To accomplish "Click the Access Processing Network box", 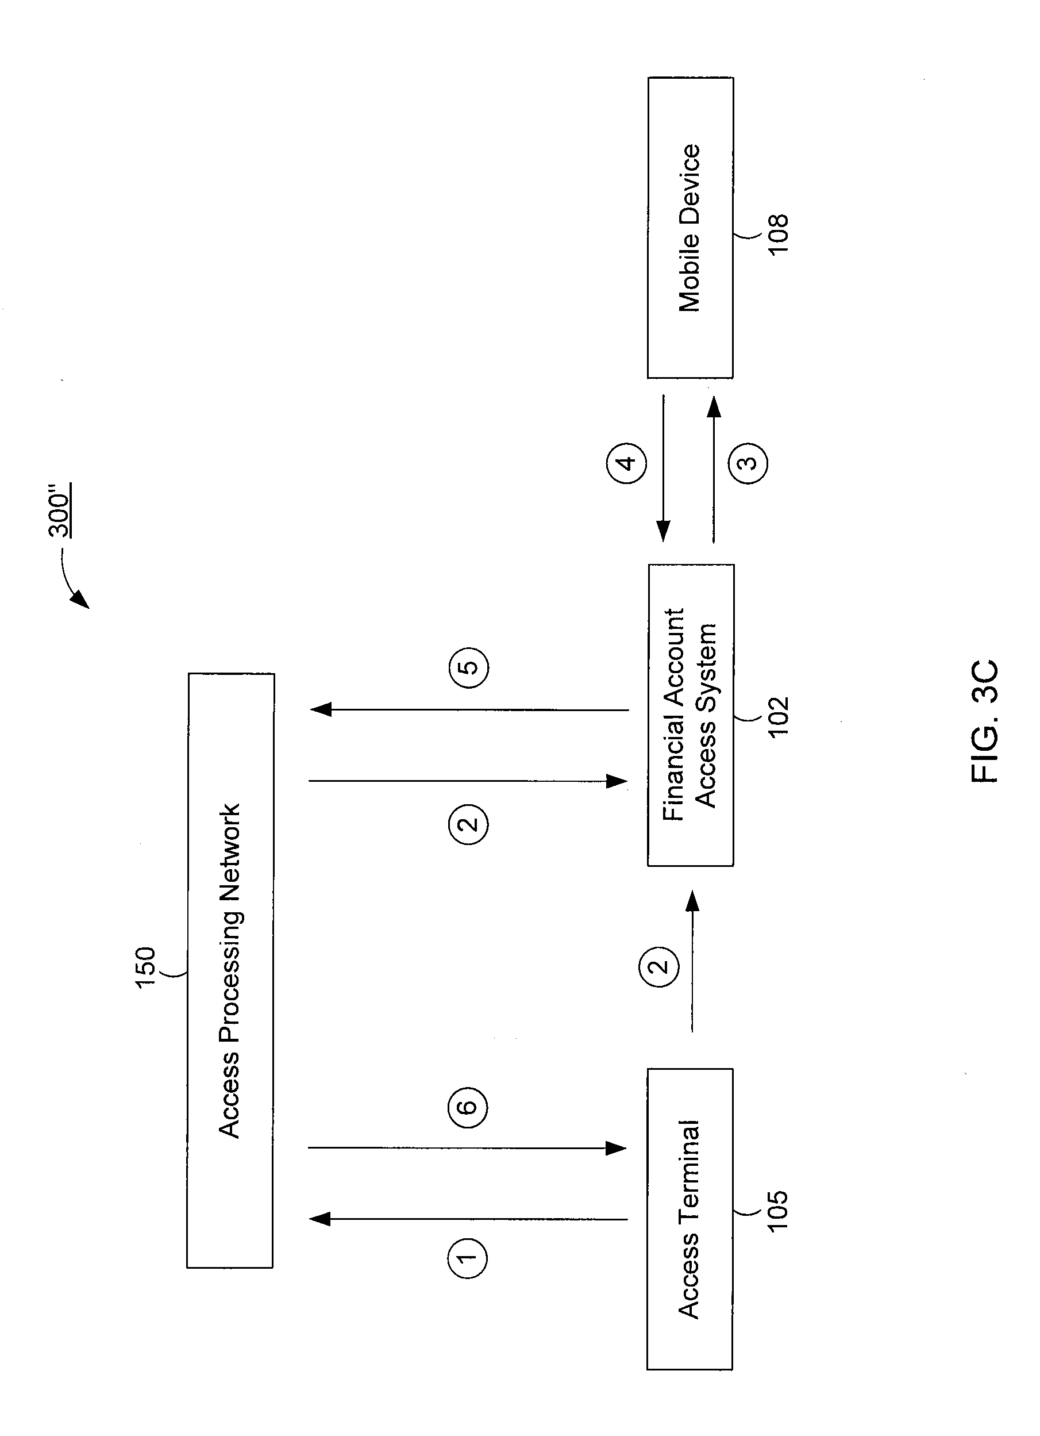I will coord(230,970).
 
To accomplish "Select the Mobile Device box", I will coord(690,228).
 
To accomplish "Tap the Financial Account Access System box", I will coord(691,715).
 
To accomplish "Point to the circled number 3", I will coord(748,463).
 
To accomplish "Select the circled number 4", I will coord(627,463).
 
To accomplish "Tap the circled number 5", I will coord(469,668).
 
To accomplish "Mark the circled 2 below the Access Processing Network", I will coord(469,824).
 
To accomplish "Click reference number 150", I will coord(145,967).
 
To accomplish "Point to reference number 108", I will coord(778,235).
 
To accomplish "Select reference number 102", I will coord(778,716).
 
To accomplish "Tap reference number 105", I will coord(777,1210).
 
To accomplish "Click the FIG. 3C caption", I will coord(985,721).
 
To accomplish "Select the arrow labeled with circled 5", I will coord(469,710).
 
